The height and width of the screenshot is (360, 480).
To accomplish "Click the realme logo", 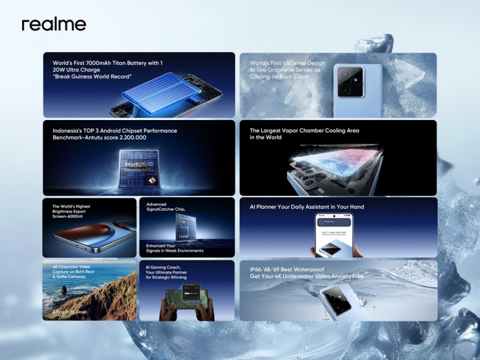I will [x=54, y=25].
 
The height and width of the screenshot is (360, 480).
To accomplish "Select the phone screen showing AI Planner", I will [x=334, y=234].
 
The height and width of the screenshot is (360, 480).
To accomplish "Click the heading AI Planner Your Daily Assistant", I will [x=307, y=207].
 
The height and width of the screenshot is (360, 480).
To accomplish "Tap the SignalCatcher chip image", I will [x=183, y=230].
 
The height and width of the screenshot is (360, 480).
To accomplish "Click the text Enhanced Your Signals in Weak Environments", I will [x=175, y=248].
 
